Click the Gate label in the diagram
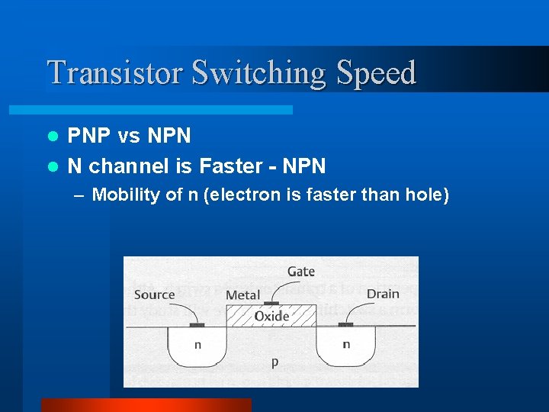(x=301, y=272)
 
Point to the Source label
(x=154, y=295)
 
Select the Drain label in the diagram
(x=383, y=294)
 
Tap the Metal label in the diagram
(x=242, y=295)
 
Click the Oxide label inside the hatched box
(x=271, y=316)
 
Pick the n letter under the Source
(x=197, y=345)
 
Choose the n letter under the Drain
(x=346, y=344)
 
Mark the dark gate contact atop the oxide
(x=271, y=303)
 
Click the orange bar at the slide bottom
(x=146, y=405)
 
